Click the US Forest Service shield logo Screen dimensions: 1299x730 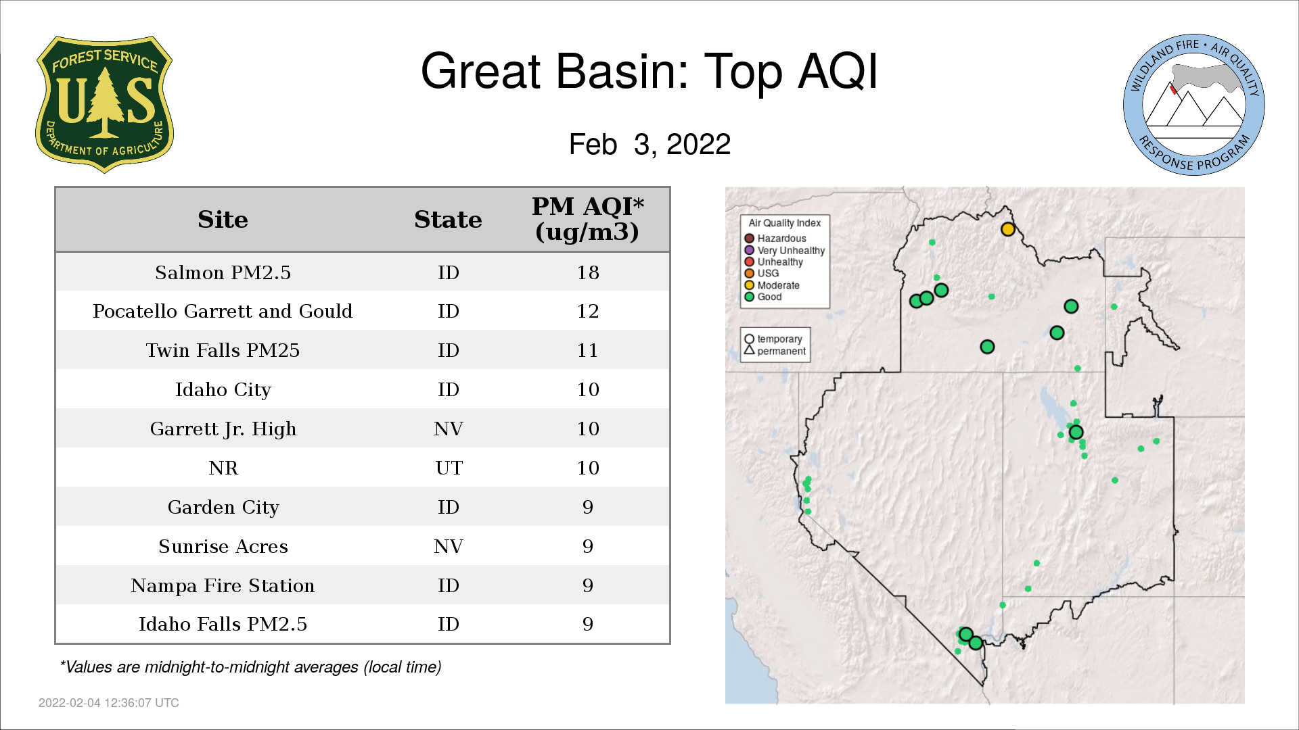[x=104, y=105]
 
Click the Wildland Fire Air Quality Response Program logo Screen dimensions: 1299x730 [x=1194, y=105]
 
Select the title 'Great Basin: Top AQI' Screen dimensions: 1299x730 [x=649, y=71]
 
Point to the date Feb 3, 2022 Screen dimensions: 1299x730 [x=649, y=144]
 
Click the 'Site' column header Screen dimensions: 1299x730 [x=223, y=220]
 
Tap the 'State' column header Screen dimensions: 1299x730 [x=448, y=220]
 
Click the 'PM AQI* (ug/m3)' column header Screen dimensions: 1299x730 [x=587, y=219]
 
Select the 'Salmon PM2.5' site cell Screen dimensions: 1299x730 [x=223, y=272]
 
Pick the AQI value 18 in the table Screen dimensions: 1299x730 [x=588, y=272]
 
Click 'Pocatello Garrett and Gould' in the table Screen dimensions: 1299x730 [x=223, y=311]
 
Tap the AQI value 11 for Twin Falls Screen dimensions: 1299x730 [x=588, y=350]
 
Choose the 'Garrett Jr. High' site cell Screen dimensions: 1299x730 [x=223, y=429]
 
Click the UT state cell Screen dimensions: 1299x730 [x=449, y=468]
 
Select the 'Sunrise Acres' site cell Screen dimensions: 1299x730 [x=223, y=546]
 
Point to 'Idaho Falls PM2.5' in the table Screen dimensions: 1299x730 [x=223, y=624]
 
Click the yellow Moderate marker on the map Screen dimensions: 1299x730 [x=1008, y=229]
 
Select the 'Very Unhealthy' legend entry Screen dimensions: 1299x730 [x=785, y=250]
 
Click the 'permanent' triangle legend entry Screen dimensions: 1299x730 [x=775, y=351]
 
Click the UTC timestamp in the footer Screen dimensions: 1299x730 [x=109, y=703]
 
